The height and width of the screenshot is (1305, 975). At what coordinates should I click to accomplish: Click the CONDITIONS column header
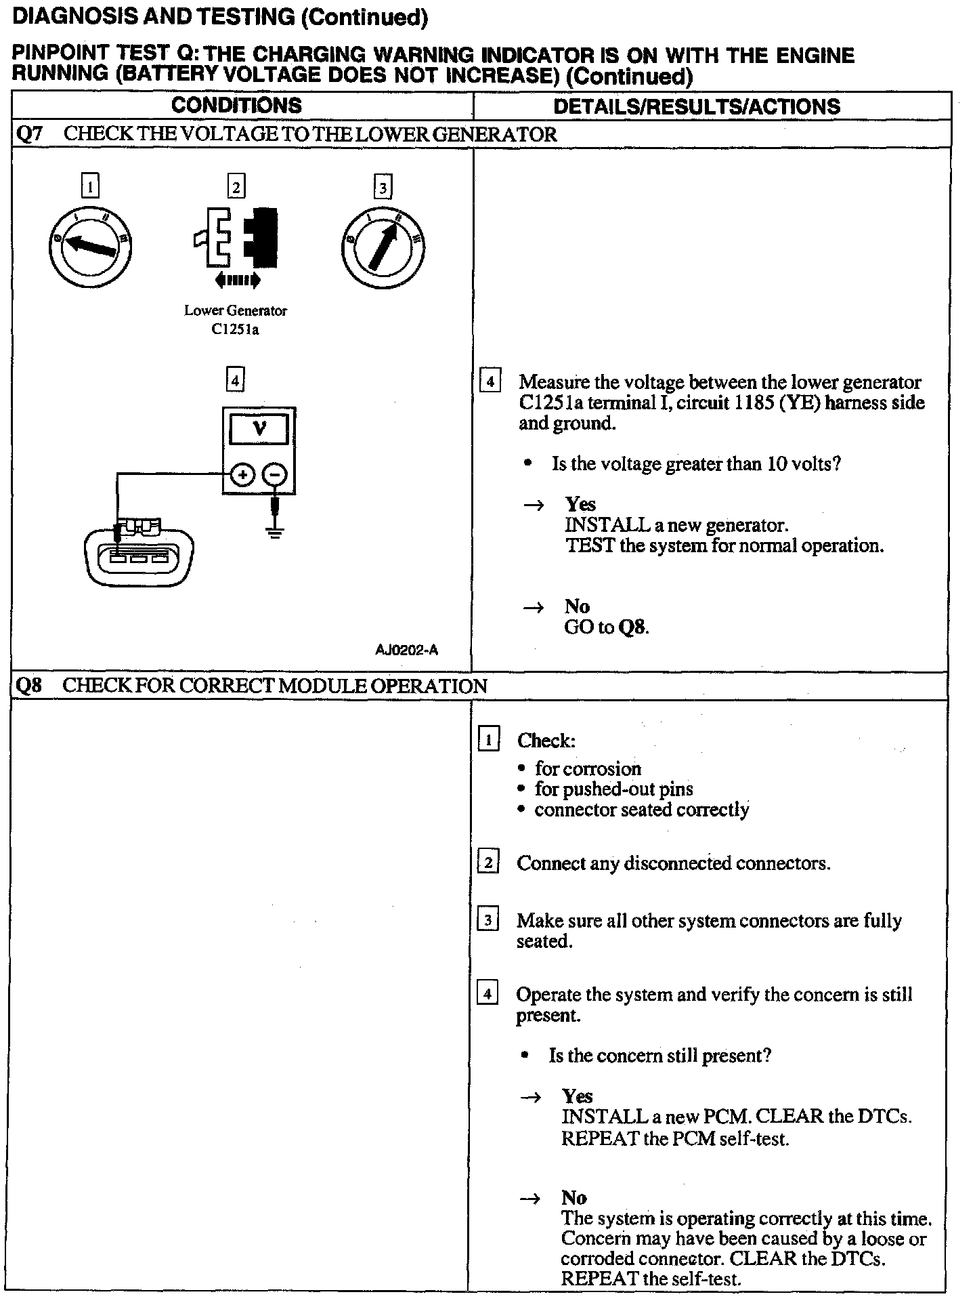(x=236, y=106)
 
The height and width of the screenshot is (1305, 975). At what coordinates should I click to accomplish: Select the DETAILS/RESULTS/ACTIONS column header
(x=697, y=106)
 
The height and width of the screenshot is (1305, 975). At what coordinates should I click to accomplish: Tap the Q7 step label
(x=28, y=134)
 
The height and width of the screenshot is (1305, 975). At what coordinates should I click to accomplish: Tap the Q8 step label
(x=28, y=686)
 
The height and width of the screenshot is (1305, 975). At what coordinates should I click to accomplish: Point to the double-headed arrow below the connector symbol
(x=236, y=279)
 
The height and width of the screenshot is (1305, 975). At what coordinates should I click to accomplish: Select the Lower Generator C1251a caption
(x=236, y=320)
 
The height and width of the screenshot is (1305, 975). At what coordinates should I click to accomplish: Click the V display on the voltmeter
(x=259, y=429)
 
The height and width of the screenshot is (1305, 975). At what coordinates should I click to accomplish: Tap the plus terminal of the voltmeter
(x=242, y=476)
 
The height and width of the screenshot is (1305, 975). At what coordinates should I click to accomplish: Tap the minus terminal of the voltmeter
(x=274, y=476)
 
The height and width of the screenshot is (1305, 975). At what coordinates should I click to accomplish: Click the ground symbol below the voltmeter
(x=274, y=530)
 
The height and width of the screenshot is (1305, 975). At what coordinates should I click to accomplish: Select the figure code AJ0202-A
(x=406, y=650)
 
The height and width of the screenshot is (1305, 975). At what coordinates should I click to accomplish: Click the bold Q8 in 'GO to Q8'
(x=632, y=627)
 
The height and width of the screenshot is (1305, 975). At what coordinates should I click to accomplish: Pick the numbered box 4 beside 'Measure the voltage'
(x=490, y=382)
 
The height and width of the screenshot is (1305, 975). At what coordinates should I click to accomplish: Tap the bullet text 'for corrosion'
(x=588, y=768)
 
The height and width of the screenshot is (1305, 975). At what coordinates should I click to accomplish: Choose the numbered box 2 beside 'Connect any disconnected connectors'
(x=488, y=863)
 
